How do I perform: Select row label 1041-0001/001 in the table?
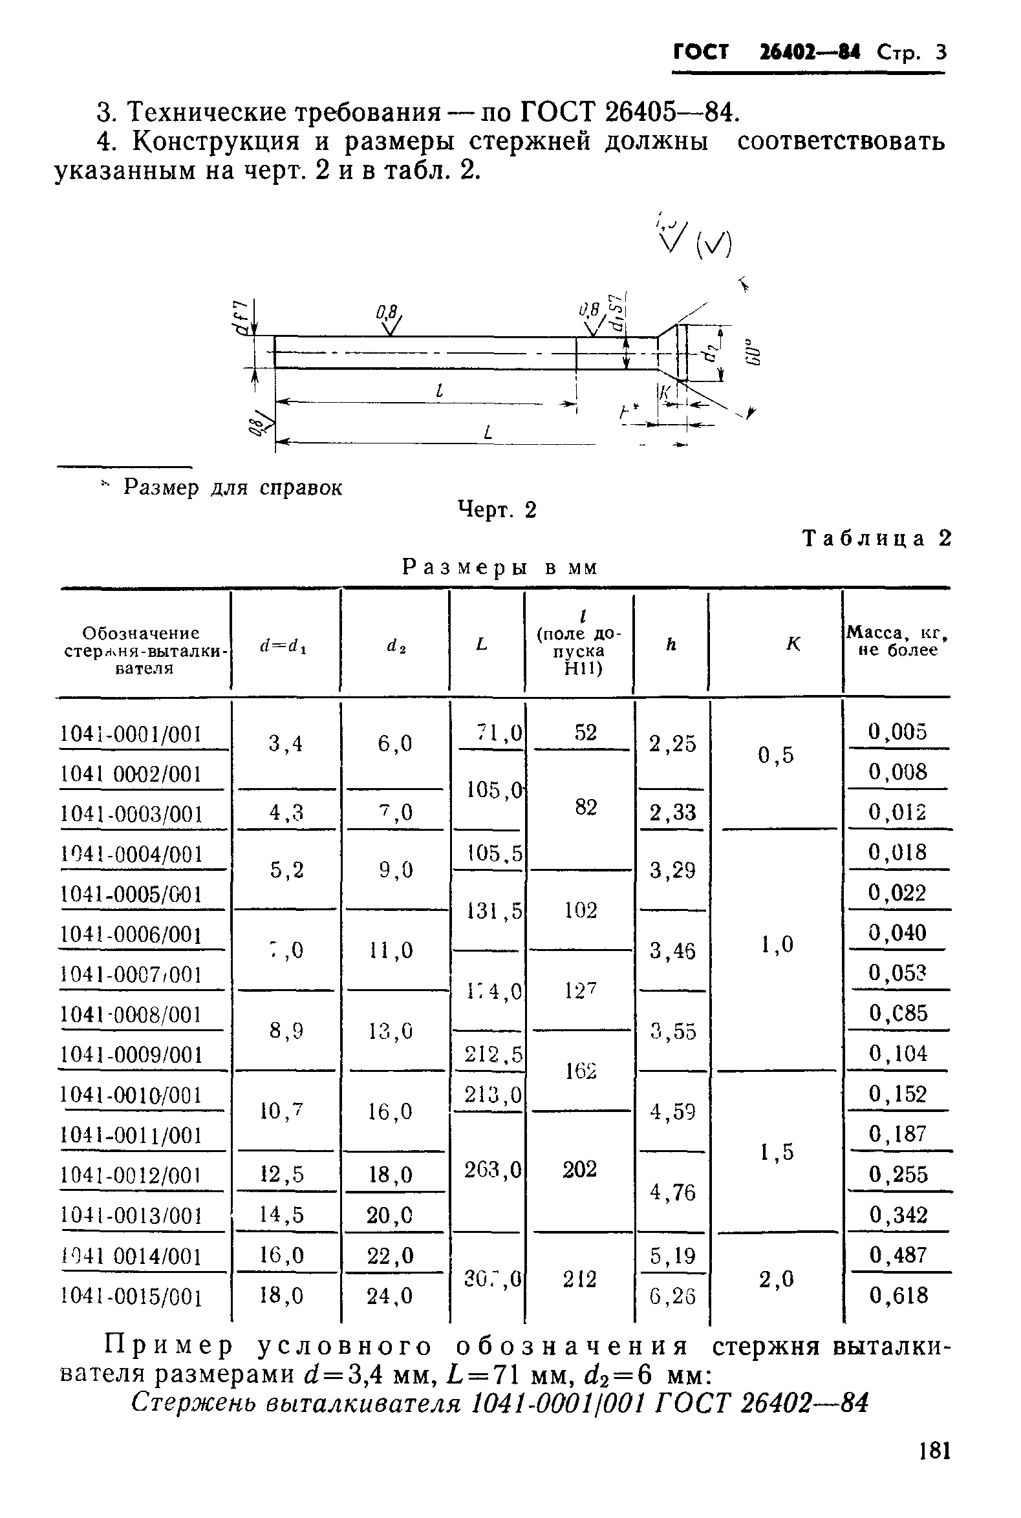(x=131, y=734)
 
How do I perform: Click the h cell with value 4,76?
(x=672, y=1193)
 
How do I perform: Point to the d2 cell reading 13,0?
(x=394, y=1031)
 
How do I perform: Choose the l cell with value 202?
(x=579, y=1169)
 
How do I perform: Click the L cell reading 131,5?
(x=493, y=910)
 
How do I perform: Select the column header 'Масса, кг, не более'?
(x=897, y=641)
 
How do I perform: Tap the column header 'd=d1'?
(x=284, y=645)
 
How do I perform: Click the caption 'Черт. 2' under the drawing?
(x=497, y=509)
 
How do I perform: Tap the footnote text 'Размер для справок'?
(x=233, y=487)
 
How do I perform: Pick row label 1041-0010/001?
(x=131, y=1095)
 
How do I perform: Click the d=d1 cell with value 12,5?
(x=282, y=1174)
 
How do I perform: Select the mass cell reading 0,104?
(x=898, y=1054)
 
